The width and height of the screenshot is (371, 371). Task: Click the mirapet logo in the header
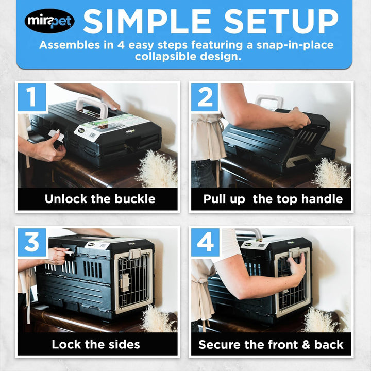tap(49, 21)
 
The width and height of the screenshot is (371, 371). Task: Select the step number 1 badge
tap(32, 97)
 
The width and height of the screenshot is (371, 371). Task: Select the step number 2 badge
tap(205, 97)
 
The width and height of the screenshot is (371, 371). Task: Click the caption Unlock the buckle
tap(99, 199)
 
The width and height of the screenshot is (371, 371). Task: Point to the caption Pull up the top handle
tap(273, 199)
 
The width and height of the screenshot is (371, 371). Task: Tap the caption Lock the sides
tap(95, 344)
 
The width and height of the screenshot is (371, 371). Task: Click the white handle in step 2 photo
tap(268, 101)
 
